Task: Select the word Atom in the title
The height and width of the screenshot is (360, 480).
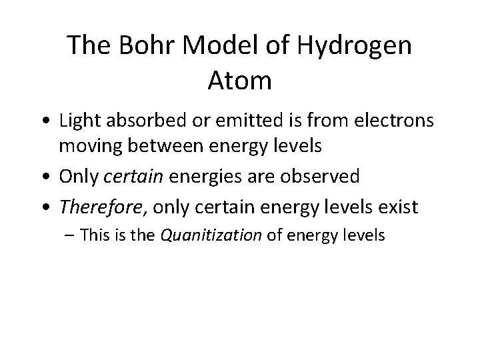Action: (239, 82)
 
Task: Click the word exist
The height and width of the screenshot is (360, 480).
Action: (399, 207)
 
